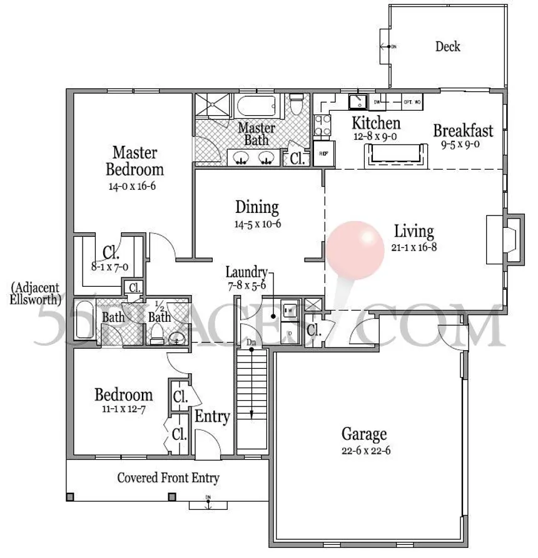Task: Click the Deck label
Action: pos(447,46)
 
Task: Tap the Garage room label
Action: pos(363,434)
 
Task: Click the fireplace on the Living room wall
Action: pos(505,239)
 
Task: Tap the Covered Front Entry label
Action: pos(168,478)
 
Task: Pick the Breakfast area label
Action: pos(463,131)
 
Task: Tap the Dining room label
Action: pos(256,207)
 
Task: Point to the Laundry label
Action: pos(246,272)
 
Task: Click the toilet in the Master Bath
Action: pos(297,103)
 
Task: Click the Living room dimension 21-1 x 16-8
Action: pos(413,246)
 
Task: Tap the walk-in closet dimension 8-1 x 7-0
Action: pos(110,266)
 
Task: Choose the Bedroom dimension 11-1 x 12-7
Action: pos(123,409)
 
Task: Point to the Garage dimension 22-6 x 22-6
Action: pos(366,450)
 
